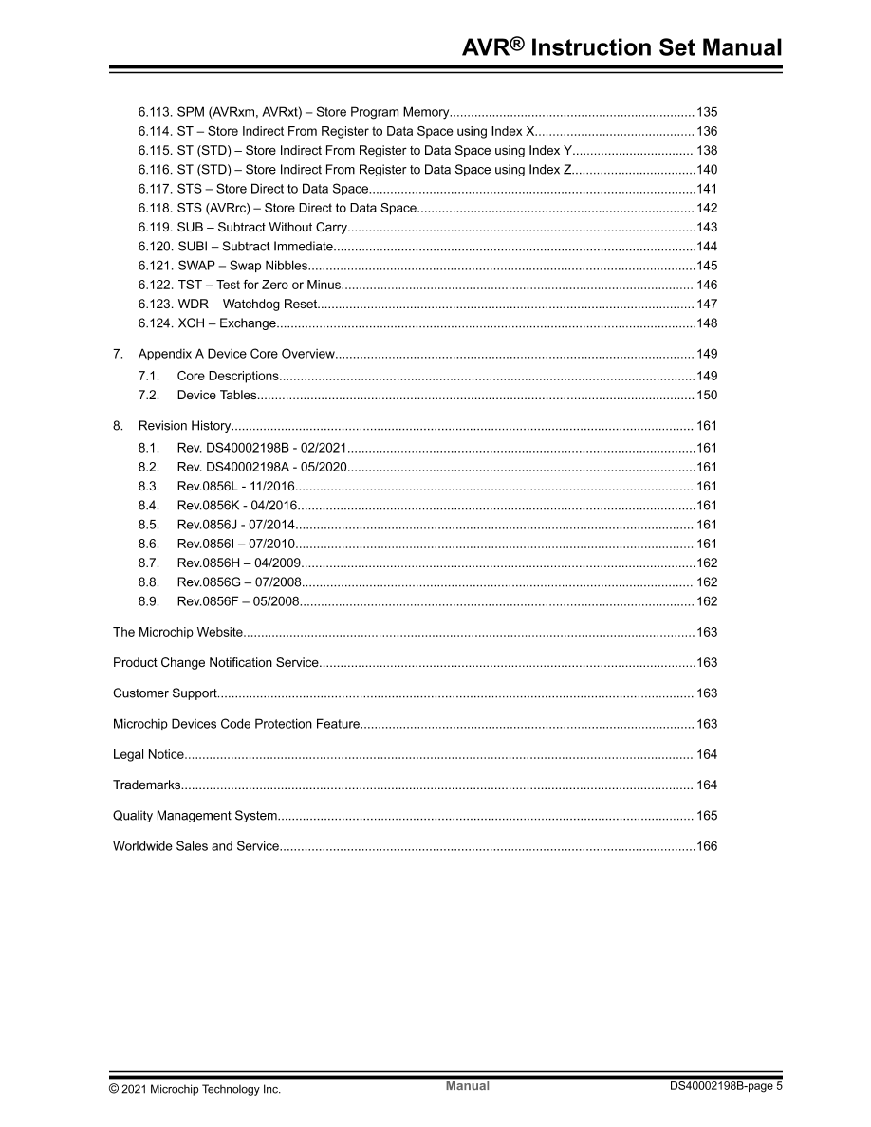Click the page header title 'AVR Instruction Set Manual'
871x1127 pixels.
(621, 48)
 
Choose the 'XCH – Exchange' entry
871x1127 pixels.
(207, 323)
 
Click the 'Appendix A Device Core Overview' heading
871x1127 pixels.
(236, 354)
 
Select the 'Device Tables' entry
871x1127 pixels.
(216, 395)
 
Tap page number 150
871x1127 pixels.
(707, 395)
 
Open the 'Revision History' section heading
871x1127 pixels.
(184, 426)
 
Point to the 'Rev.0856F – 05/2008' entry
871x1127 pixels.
(238, 601)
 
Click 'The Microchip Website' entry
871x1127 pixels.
(177, 632)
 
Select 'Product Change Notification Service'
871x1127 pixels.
(215, 662)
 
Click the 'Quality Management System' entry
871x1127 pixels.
(195, 815)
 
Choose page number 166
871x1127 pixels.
(707, 845)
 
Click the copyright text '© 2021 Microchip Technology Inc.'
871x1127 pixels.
(195, 1089)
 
